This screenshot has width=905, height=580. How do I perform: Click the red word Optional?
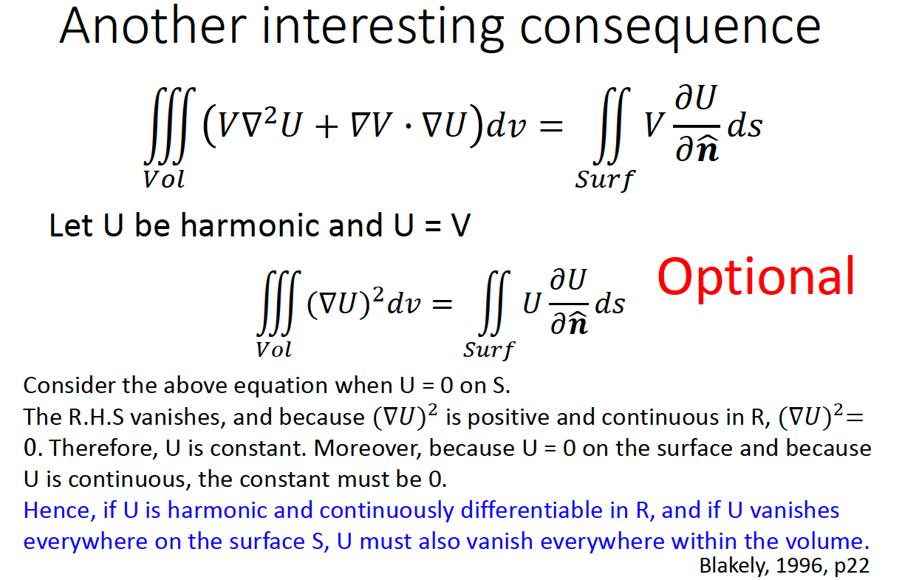coord(756,278)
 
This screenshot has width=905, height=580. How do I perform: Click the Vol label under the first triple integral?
coord(164,180)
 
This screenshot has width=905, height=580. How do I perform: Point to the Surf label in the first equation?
coord(605,180)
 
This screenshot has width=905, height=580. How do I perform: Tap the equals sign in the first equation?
coord(551,126)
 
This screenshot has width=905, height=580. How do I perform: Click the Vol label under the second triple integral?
coord(274,349)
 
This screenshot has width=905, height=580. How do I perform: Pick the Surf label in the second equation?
coord(489,350)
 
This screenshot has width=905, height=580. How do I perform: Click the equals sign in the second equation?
coord(442,304)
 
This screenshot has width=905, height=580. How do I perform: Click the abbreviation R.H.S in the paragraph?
coord(96,417)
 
